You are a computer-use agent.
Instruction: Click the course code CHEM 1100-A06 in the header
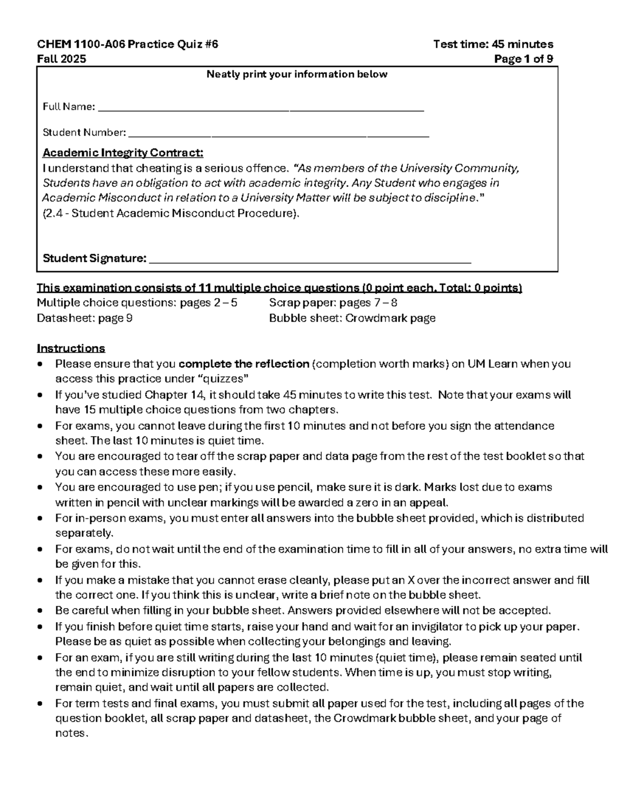pos(78,44)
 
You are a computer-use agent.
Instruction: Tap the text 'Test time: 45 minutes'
pos(493,44)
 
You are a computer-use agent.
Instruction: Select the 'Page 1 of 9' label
pos(523,59)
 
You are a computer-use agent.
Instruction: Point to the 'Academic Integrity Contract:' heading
pos(123,153)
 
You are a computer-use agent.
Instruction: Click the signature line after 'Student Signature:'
pos(310,260)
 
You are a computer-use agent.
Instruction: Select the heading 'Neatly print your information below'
pos(297,74)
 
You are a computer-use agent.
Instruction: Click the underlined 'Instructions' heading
pos(71,348)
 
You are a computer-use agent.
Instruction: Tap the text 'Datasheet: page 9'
pos(84,318)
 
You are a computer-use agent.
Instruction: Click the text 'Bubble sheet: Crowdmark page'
pos(352,318)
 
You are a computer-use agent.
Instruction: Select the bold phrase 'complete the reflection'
pos(243,364)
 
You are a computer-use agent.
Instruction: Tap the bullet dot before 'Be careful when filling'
pos(41,611)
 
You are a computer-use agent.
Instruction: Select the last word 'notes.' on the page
pos(72,733)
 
